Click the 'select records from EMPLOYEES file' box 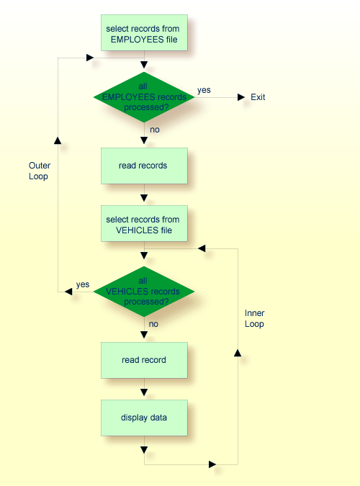click(144, 33)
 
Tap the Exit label click(258, 97)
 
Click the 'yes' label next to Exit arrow click(204, 89)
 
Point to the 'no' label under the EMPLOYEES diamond click(155, 130)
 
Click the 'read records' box click(144, 166)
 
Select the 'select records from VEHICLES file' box click(144, 224)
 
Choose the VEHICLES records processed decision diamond click(144, 292)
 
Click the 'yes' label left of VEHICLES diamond click(83, 284)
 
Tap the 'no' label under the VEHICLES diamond click(153, 325)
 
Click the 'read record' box click(144, 360)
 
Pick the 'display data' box click(144, 417)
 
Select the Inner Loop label click(254, 318)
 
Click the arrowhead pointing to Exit click(238, 97)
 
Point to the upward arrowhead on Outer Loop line click(58, 139)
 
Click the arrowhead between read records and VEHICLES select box click(144, 197)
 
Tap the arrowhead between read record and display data click(144, 392)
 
